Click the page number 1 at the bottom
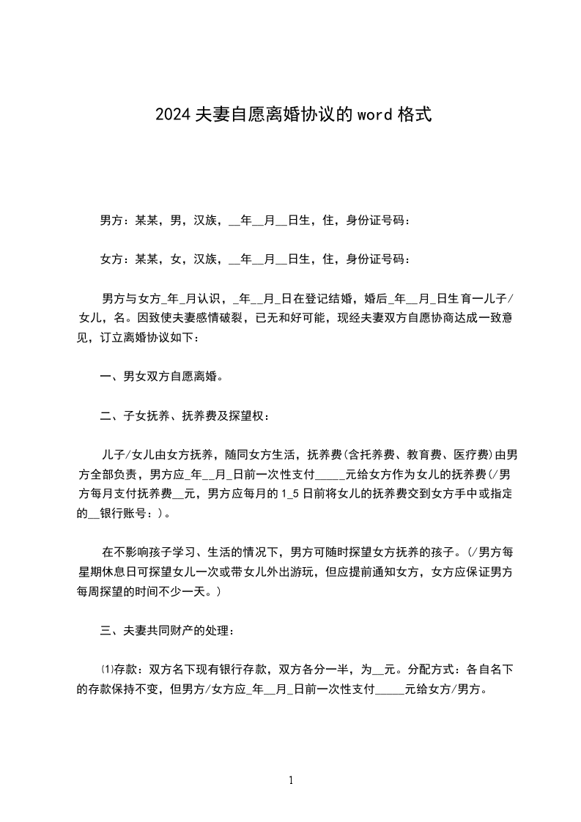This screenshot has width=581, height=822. pos(291,780)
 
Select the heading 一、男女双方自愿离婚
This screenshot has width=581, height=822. pos(161,377)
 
